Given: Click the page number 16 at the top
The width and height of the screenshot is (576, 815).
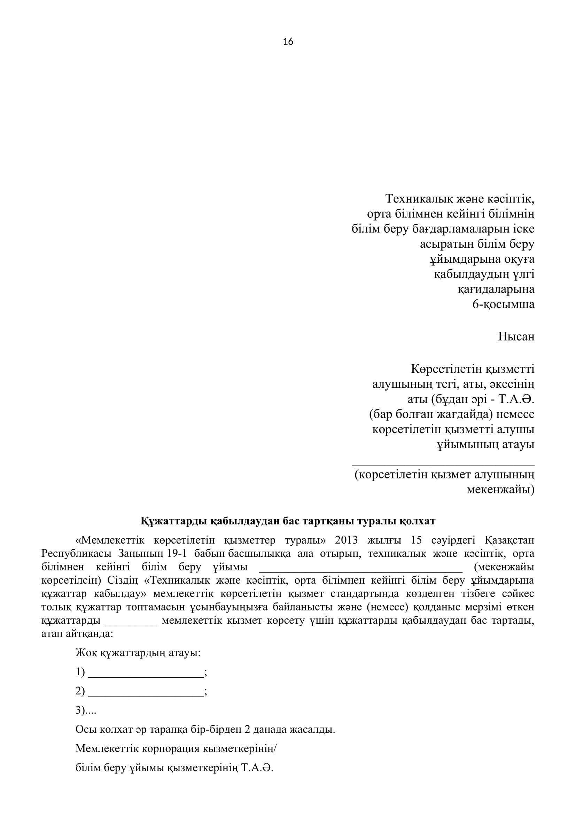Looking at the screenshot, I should click(x=288, y=42).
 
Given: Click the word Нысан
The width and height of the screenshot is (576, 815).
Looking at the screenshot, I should click(x=516, y=336).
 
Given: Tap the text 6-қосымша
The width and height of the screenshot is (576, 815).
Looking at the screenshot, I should click(x=503, y=304).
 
